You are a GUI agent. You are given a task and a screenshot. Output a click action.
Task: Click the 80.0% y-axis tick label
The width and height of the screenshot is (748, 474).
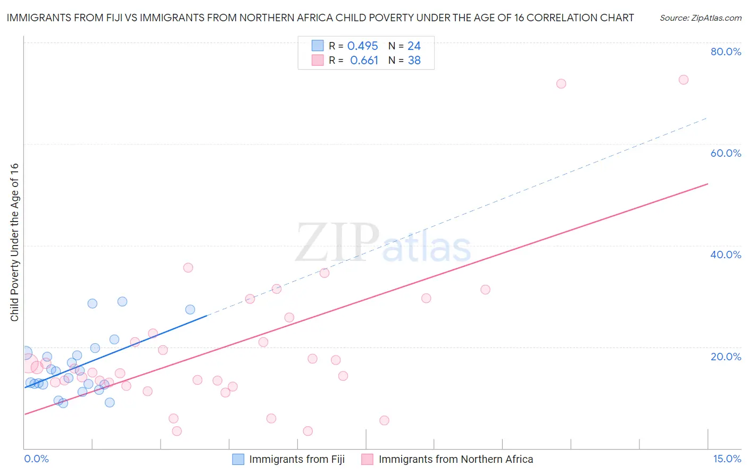coord(726,52)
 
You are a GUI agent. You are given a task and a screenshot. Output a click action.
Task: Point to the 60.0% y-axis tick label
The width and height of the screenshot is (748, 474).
coord(726,153)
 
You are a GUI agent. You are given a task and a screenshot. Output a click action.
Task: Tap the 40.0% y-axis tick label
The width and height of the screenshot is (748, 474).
coord(726,255)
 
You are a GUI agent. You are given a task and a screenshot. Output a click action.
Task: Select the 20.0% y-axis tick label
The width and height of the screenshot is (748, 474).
coord(726,357)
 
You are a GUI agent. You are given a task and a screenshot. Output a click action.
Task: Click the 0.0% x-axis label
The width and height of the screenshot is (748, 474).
coord(36,459)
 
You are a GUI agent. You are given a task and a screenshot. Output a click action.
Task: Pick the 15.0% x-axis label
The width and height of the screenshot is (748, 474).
coord(727,459)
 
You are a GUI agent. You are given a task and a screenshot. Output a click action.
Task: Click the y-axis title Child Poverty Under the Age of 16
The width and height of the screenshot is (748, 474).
coord(14,242)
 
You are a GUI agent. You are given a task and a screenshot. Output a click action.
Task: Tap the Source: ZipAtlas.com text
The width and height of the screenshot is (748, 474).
coord(700,18)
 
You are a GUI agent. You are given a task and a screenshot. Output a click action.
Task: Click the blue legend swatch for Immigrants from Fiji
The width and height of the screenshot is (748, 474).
coord(238,459)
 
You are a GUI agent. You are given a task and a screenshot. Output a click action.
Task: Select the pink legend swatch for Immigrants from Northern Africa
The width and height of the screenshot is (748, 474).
coord(367,459)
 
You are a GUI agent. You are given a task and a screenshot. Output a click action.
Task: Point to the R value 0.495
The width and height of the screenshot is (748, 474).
coord(362,46)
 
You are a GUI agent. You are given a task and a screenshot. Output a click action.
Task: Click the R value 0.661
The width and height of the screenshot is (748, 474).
coord(364,61)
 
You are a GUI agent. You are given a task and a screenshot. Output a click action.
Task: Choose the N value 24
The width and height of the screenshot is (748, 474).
coord(414,46)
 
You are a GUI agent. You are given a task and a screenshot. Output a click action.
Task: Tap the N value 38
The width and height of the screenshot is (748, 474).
coord(414,61)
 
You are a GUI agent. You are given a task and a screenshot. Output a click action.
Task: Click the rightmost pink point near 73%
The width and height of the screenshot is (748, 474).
coord(684,80)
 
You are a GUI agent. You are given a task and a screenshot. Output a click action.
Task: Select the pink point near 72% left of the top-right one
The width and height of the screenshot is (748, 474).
coord(561,83)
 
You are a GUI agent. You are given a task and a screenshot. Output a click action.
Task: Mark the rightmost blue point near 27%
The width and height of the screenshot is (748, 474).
coord(190,309)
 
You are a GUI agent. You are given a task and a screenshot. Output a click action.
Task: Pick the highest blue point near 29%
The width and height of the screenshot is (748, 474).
coord(122,301)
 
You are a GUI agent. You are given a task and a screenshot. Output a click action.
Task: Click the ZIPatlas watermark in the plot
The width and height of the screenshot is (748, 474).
coord(383,243)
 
